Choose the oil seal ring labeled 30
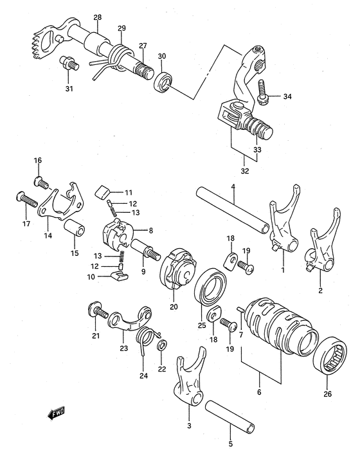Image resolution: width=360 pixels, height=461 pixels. (x=164, y=82)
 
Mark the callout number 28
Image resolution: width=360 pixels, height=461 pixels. (x=97, y=17)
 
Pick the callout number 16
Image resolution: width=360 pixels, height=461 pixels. (x=37, y=160)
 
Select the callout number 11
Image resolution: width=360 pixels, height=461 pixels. (x=129, y=192)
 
